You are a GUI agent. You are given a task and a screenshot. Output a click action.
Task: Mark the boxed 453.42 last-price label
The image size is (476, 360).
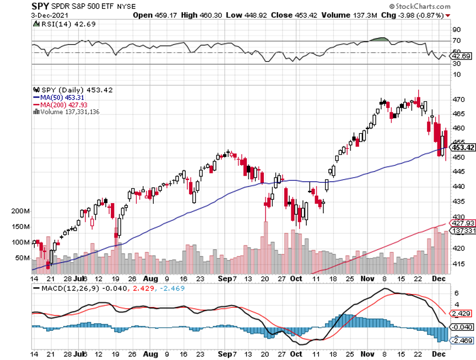[x=462, y=147]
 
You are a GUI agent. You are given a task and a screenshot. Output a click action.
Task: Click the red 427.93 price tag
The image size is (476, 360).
[x=462, y=223]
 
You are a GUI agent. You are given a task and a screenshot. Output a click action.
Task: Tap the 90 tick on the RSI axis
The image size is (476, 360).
[x=456, y=30]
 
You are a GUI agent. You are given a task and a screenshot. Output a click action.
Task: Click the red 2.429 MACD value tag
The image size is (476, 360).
[x=461, y=314]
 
